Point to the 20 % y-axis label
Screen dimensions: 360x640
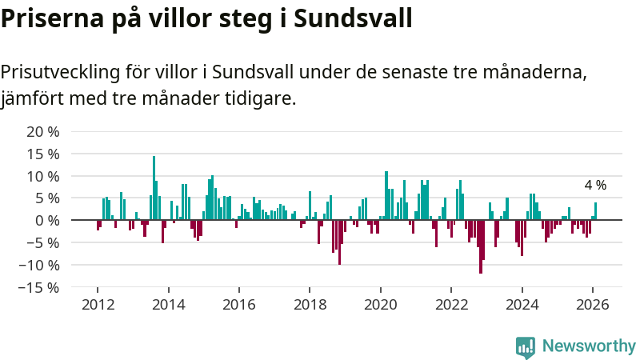coord(43,132)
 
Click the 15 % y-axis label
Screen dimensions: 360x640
coord(43,154)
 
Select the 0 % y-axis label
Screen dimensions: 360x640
coord(47,220)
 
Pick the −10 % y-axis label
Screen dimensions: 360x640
coord(39,265)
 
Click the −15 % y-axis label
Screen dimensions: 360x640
coord(39,286)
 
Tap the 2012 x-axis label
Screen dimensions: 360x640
coord(98,305)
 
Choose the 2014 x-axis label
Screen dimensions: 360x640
coord(168,305)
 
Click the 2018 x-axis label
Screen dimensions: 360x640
coord(310,305)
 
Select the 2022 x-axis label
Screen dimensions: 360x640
coord(451,305)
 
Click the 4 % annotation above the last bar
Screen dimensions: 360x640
coord(595,186)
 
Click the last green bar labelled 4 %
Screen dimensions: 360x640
coord(595,211)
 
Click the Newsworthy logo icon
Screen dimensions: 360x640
coord(526,346)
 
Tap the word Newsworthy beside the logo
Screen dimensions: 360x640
coord(589,346)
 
